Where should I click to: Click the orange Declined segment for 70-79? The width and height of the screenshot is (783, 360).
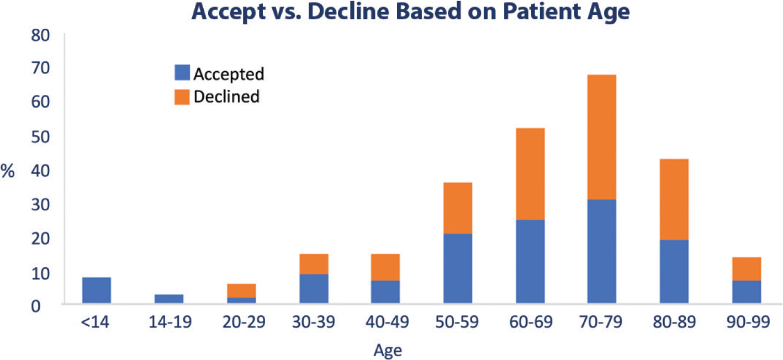[601, 137]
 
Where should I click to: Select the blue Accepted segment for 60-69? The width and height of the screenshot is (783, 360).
[530, 261]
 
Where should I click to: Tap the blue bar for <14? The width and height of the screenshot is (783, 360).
[97, 290]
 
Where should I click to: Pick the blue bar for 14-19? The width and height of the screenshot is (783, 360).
[169, 299]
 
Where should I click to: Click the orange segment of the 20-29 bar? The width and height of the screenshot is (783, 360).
[241, 290]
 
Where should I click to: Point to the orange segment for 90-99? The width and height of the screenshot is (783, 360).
[747, 269]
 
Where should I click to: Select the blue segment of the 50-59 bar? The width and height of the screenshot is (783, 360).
[458, 268]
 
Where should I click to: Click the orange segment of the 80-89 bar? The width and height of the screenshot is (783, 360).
[674, 199]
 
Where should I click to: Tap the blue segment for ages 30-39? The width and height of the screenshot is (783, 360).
[314, 289]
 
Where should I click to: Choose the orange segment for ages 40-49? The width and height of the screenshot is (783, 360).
[385, 267]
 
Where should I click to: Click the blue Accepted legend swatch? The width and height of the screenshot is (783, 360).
[182, 73]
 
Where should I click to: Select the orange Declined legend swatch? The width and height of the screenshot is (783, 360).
[182, 97]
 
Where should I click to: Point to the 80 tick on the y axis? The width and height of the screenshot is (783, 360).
[40, 36]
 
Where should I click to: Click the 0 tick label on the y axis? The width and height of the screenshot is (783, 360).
[36, 306]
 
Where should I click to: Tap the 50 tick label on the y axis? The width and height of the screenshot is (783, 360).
[40, 137]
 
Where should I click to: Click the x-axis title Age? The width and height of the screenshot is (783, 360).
[388, 351]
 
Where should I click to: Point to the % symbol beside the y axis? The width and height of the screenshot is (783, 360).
[7, 171]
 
